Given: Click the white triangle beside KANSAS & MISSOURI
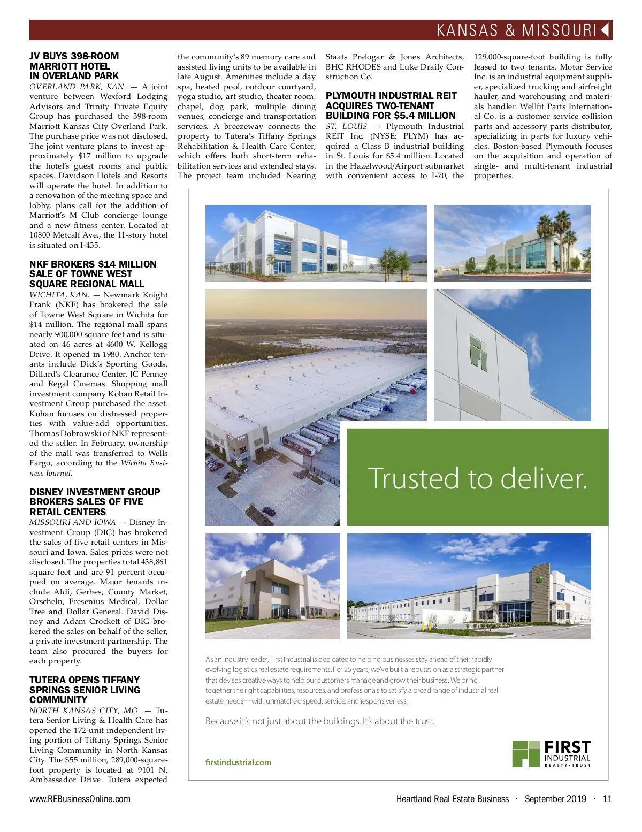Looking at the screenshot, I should click(x=606, y=30).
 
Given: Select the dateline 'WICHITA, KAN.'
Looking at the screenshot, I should click(x=59, y=295).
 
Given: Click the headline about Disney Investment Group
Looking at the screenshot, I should click(x=95, y=502).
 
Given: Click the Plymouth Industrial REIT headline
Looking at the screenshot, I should click(x=391, y=105).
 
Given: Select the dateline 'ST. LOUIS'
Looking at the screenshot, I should click(x=346, y=126).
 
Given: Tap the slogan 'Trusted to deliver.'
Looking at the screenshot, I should click(x=477, y=478).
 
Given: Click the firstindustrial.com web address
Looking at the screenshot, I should click(x=238, y=762).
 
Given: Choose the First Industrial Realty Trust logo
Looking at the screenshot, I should click(x=551, y=753).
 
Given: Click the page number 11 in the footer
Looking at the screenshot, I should click(x=607, y=799).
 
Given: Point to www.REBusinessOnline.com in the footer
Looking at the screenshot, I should click(x=80, y=799).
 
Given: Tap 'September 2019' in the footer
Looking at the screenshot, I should click(x=555, y=799).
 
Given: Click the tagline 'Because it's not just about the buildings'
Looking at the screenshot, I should click(x=320, y=721).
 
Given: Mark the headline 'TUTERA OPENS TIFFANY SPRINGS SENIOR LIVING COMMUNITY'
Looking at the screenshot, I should click(x=85, y=690).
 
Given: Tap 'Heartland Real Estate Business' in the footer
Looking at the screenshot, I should click(x=452, y=799).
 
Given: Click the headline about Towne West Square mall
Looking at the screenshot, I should click(x=93, y=274).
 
